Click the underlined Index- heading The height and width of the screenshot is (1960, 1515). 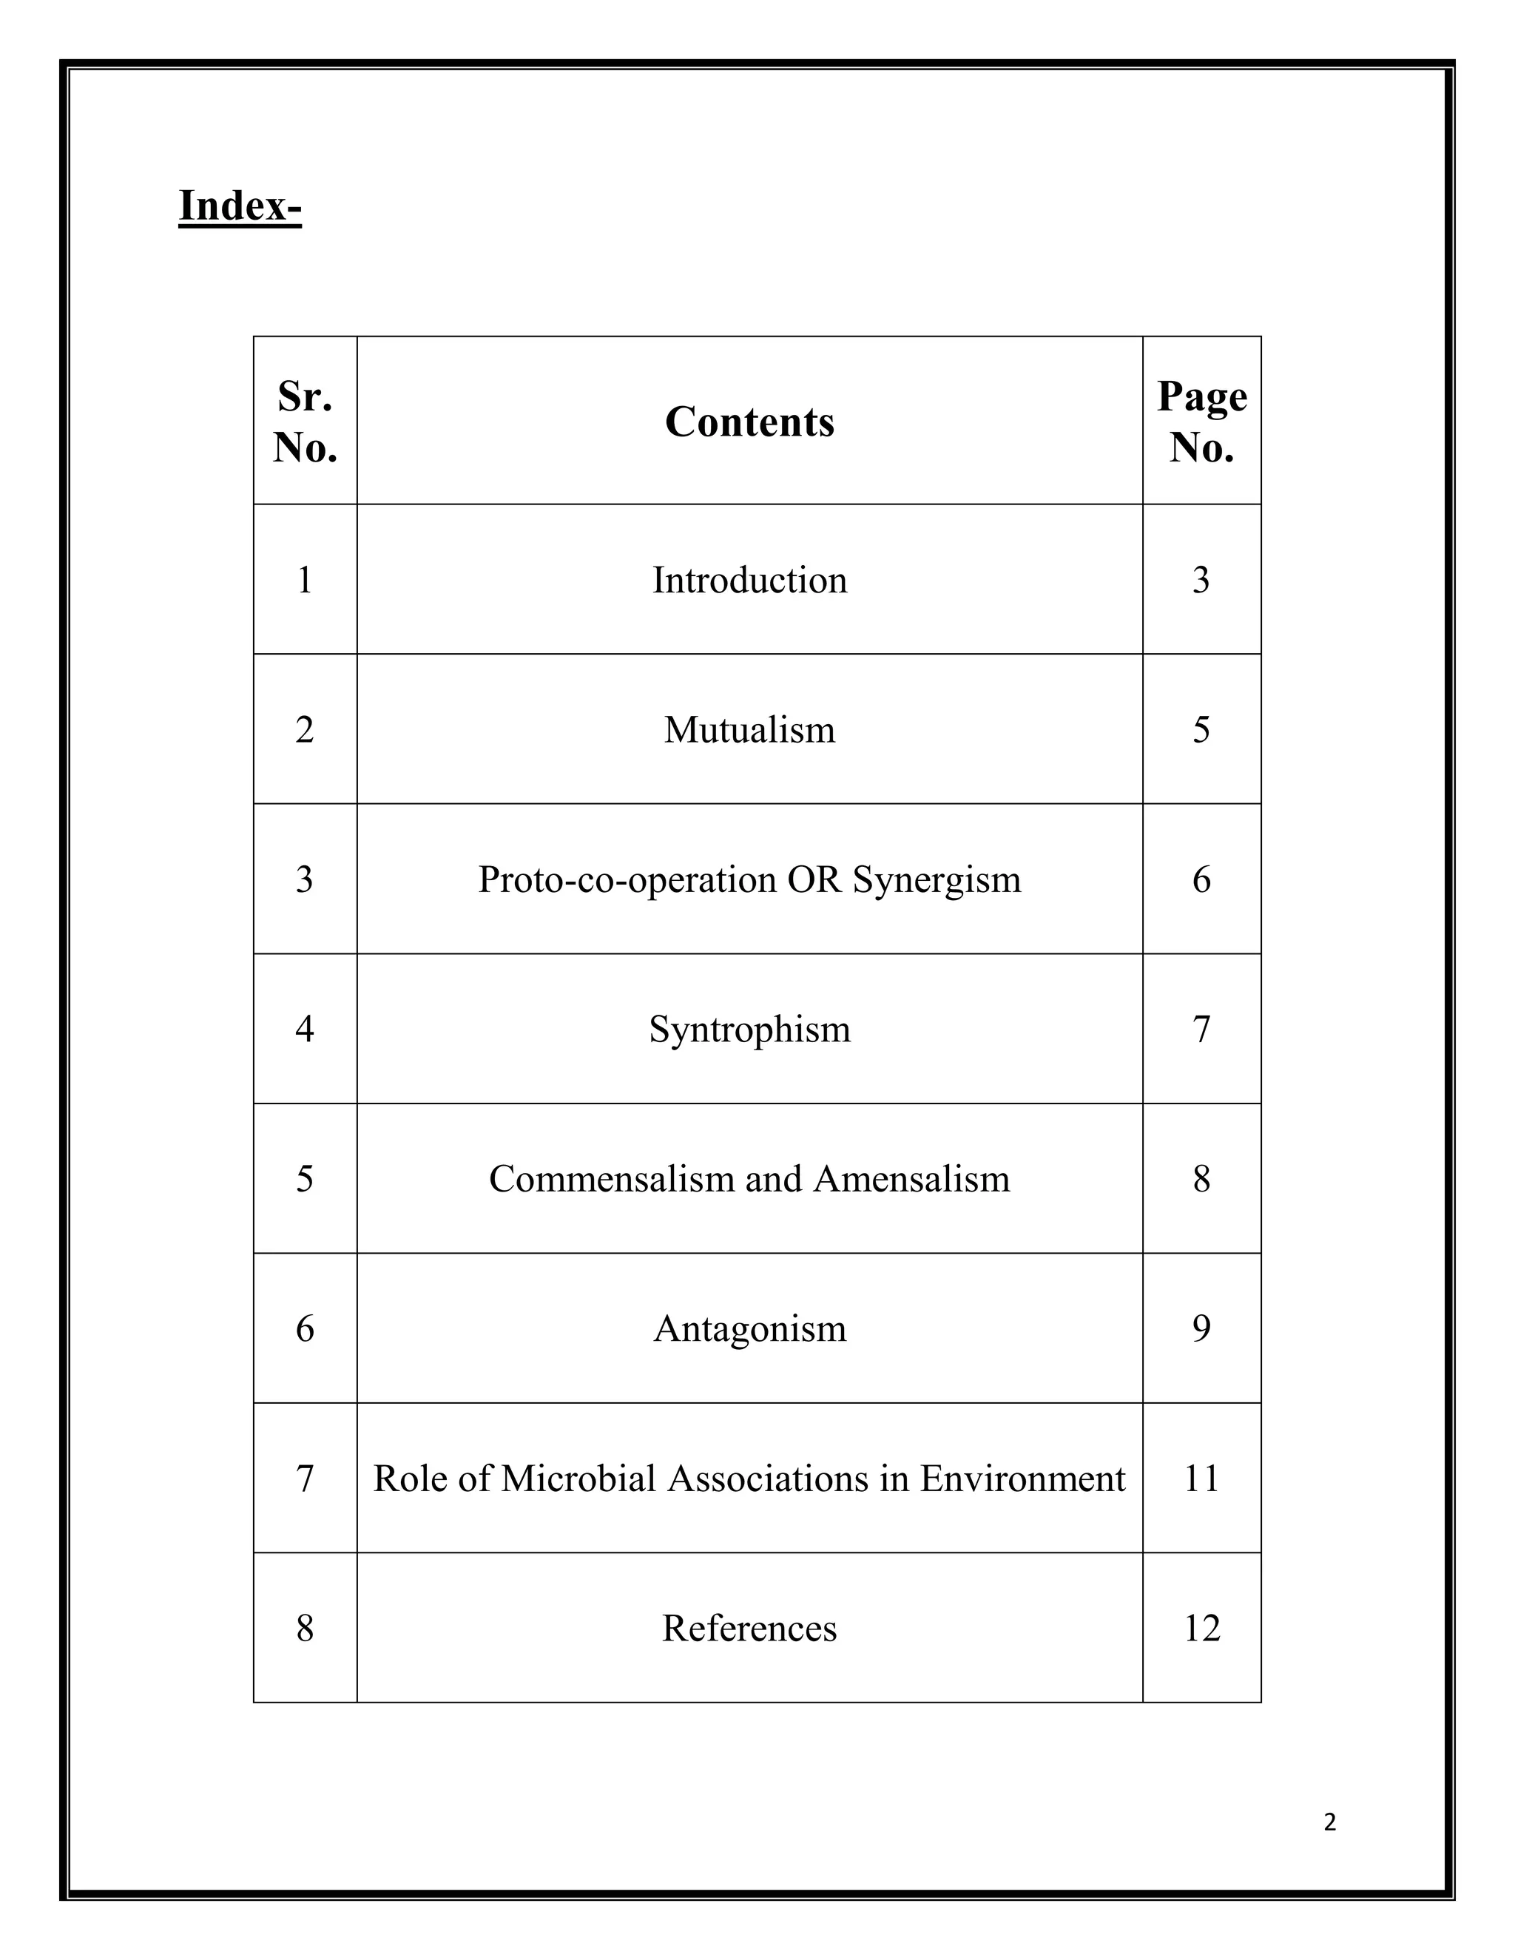[240, 206]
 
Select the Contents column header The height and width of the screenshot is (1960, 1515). [749, 422]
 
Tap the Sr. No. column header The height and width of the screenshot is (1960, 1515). [306, 421]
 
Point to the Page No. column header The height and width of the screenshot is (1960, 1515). [1202, 421]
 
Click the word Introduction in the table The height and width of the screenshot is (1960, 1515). [749, 581]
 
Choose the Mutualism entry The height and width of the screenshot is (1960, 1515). [749, 729]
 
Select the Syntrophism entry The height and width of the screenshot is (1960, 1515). [749, 1030]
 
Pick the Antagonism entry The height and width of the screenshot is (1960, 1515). [749, 1329]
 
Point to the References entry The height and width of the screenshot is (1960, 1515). [749, 1629]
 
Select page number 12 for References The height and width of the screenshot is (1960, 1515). [1202, 1629]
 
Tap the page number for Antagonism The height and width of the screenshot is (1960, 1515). [1202, 1329]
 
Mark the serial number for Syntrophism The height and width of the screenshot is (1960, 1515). [306, 1030]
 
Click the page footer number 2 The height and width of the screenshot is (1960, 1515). [1329, 1822]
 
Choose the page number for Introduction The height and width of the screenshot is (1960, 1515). [1202, 581]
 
